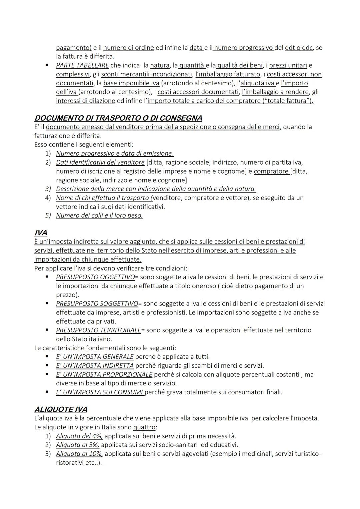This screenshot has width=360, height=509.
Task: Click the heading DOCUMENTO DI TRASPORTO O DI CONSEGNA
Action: coord(118,118)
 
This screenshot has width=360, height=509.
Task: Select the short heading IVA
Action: coord(40,233)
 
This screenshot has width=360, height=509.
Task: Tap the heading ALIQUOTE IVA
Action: coord(61,409)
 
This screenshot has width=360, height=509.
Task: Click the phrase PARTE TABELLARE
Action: coord(82,65)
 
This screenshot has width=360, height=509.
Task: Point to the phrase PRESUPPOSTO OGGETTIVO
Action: coord(95,277)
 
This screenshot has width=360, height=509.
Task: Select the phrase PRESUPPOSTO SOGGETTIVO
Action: coord(97,304)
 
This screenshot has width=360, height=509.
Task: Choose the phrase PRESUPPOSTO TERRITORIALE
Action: coord(98,330)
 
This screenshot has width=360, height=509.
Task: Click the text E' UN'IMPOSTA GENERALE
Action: coord(95,357)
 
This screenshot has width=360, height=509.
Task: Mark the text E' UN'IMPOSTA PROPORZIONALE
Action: coord(104,374)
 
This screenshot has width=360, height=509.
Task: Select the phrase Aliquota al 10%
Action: coord(79,454)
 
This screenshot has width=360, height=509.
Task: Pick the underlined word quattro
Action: coord(144,427)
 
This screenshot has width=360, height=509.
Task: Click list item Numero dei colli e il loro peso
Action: coord(99,216)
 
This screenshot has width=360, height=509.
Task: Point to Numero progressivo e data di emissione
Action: coord(115,154)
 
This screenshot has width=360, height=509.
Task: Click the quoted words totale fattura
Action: coord(286,101)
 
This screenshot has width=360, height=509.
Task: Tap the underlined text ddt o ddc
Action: coord(299,48)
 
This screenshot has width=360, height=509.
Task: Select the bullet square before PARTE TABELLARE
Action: coord(47,65)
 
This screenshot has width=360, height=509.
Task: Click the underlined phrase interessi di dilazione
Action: coord(85,101)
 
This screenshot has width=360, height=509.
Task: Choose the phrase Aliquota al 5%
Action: coord(78,445)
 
